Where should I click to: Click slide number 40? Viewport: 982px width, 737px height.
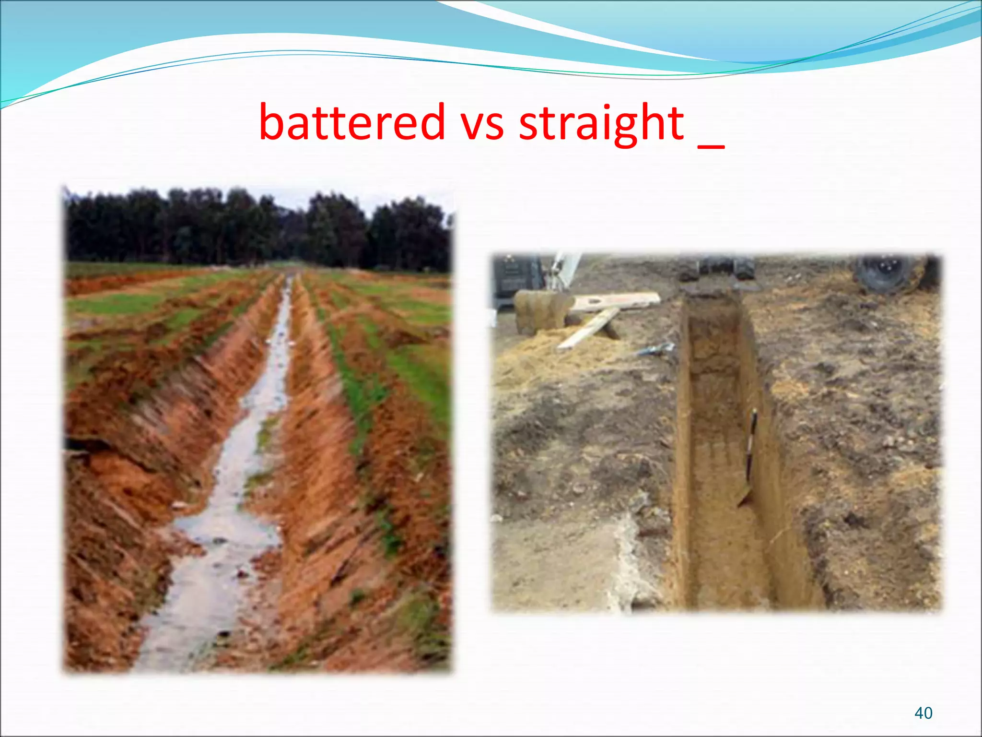923,713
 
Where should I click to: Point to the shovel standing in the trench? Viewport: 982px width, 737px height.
749,461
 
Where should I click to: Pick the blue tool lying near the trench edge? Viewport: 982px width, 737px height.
657,349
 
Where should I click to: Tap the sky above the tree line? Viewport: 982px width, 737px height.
288,194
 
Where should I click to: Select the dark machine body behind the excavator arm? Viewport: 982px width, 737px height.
515,278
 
